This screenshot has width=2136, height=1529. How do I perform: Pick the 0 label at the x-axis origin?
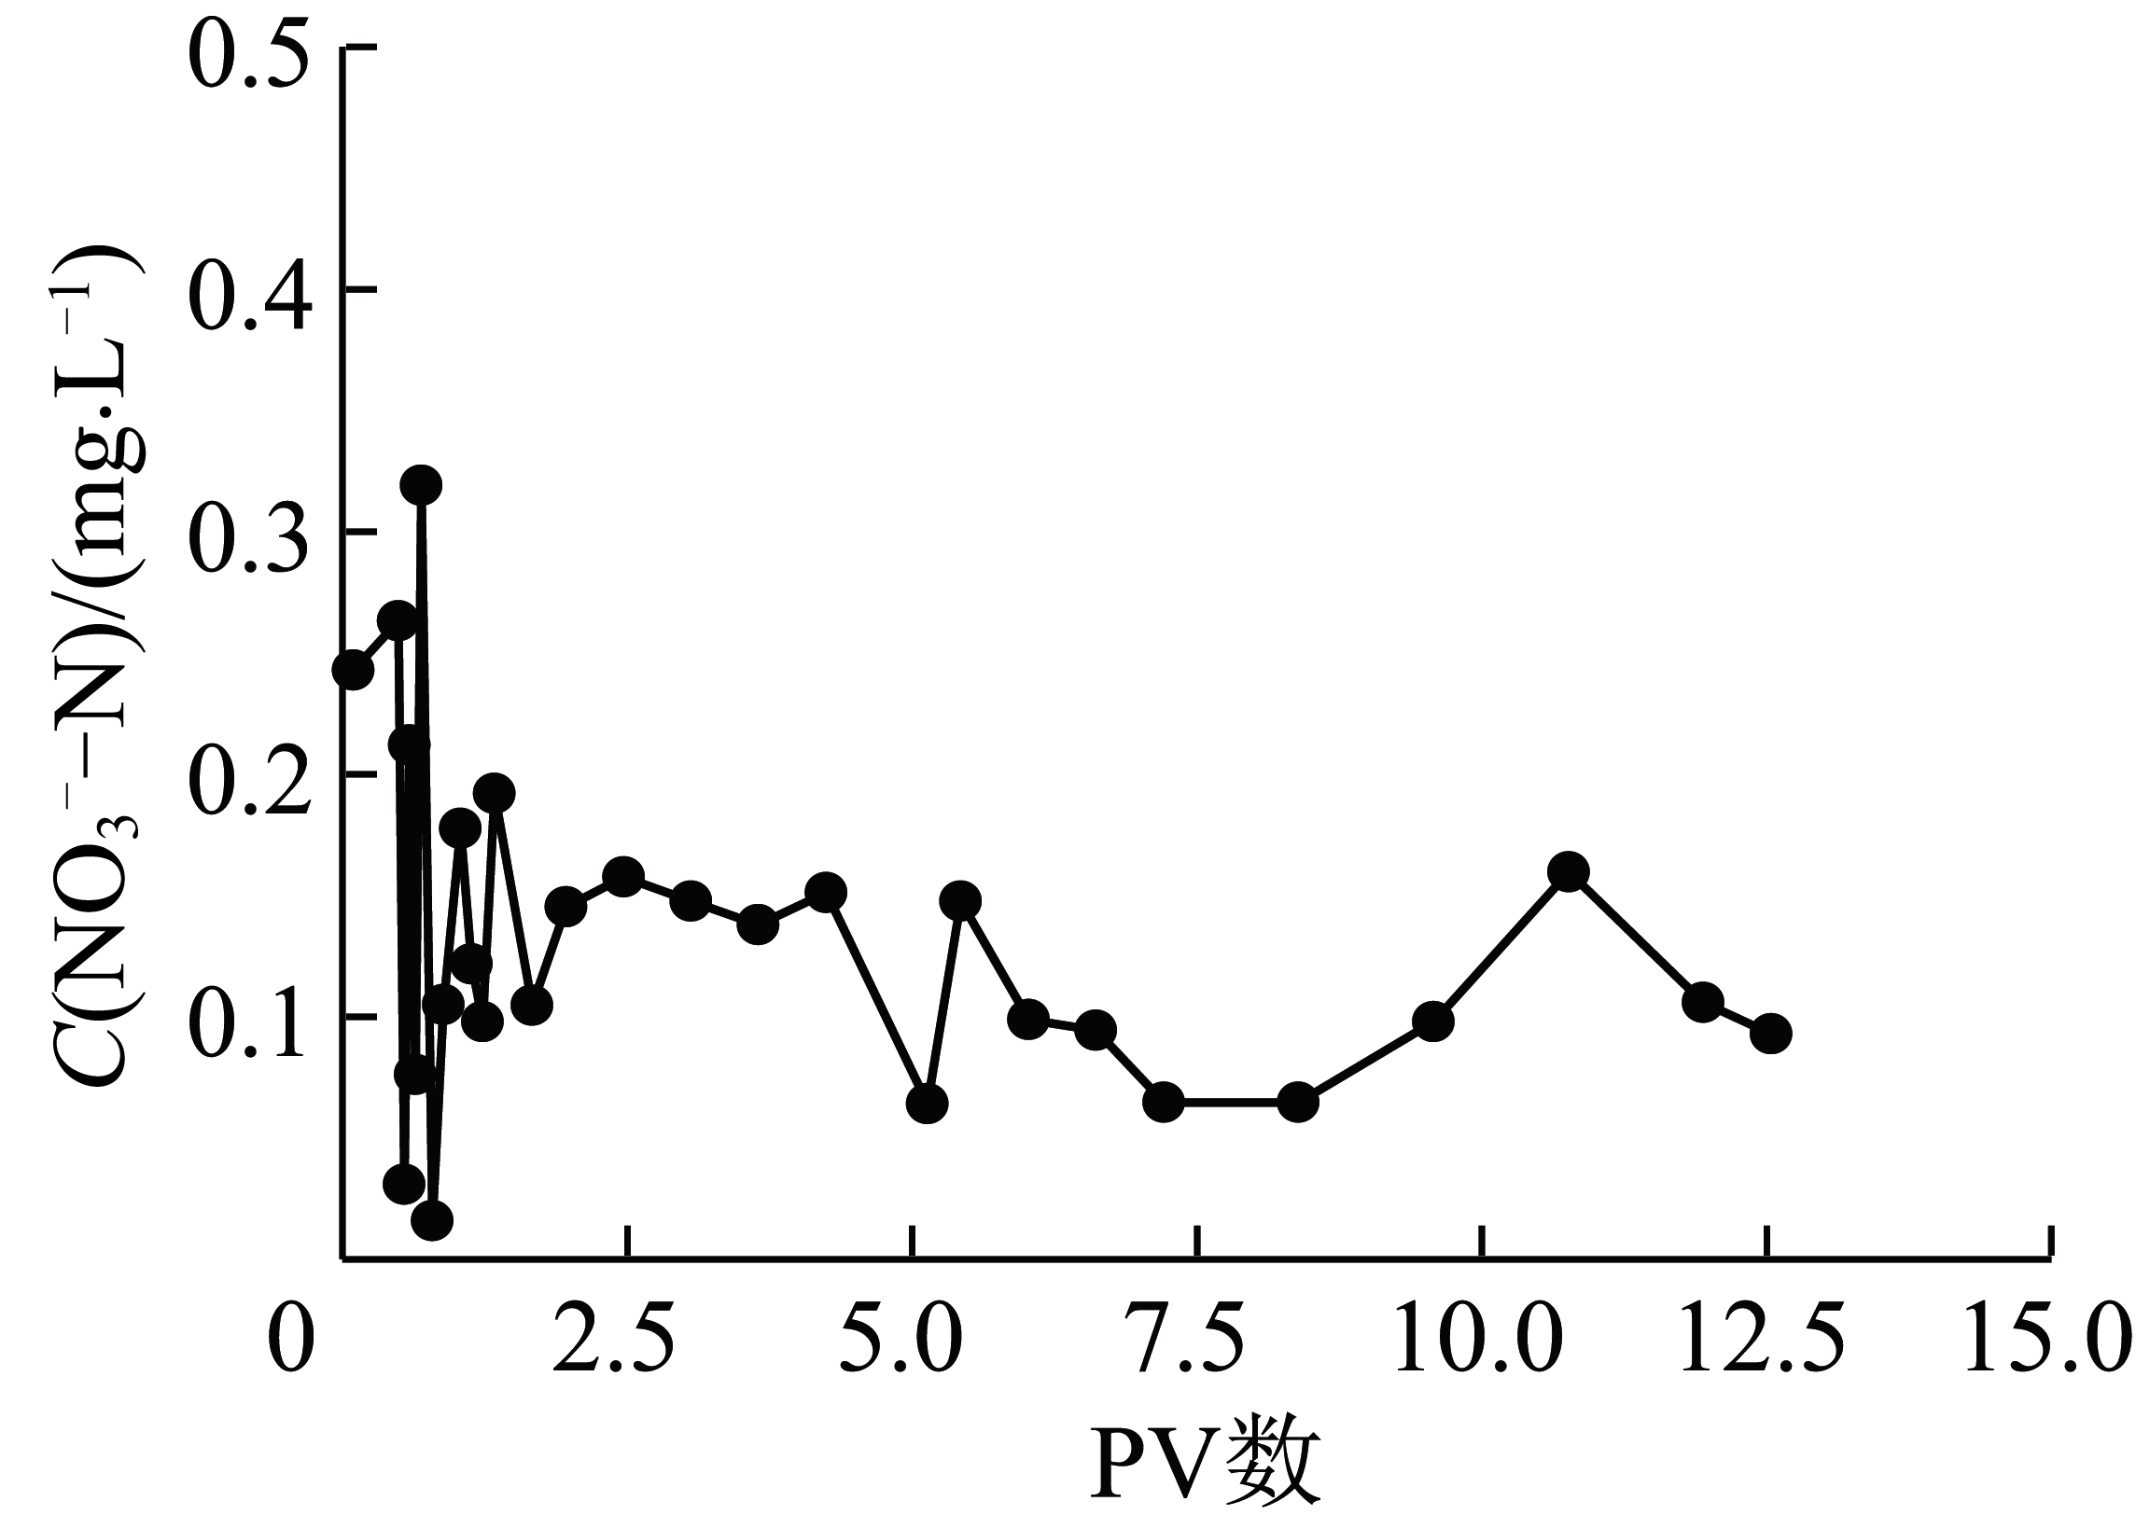[290, 1338]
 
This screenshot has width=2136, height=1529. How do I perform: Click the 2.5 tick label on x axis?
[613, 1338]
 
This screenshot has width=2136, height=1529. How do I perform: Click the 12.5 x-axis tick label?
[1763, 1338]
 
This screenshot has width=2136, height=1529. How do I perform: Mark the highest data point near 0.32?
[421, 486]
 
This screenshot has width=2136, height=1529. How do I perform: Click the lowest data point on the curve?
[432, 1220]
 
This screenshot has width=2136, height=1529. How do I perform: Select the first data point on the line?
[353, 670]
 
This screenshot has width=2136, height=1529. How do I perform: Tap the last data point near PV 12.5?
[1770, 1034]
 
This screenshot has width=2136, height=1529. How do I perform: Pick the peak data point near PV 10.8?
[1568, 872]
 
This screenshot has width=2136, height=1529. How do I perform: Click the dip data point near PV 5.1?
[927, 1104]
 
